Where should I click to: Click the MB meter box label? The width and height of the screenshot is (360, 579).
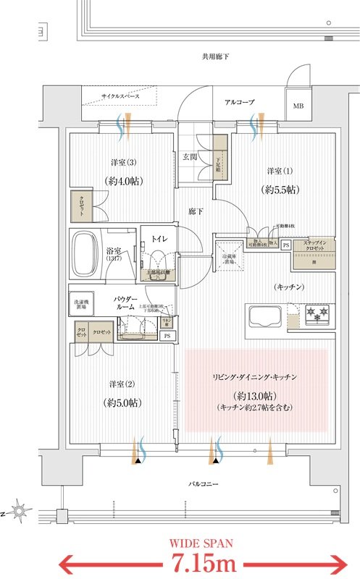298,106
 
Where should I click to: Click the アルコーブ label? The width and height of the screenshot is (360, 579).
239,103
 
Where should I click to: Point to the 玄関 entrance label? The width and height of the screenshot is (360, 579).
190,156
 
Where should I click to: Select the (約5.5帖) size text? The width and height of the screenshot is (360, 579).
279,190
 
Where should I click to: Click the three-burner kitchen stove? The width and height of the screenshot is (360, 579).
316,315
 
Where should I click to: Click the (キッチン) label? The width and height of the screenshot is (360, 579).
289,287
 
